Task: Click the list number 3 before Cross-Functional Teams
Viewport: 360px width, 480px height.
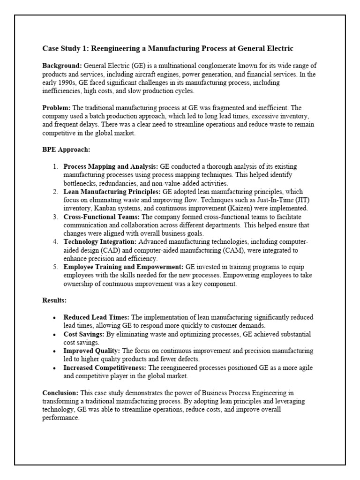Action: click(x=55, y=217)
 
